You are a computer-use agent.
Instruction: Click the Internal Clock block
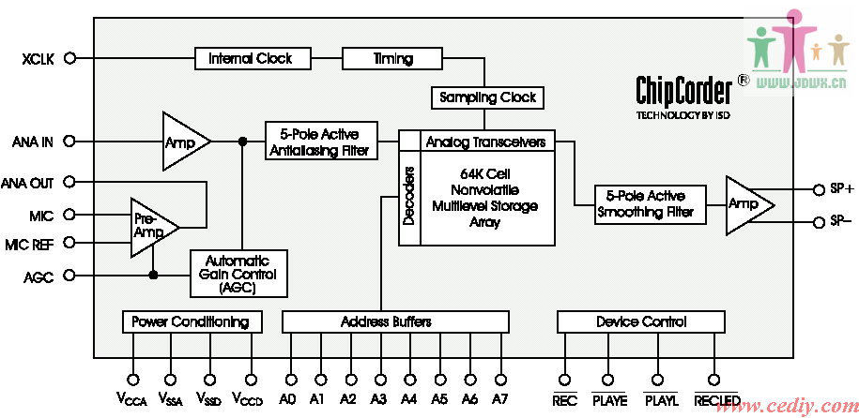[250, 59]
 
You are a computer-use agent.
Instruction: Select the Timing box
[392, 59]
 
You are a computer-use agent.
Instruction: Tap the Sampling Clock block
[487, 97]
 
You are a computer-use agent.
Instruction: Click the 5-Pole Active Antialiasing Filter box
[320, 141]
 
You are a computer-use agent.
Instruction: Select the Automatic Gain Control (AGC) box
[238, 275]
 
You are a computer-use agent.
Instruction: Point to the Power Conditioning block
[191, 322]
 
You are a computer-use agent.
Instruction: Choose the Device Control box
[641, 322]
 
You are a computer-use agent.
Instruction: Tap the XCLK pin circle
[69, 58]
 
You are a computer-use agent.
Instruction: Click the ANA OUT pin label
[27, 183]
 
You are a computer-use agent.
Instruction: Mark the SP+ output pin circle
[819, 188]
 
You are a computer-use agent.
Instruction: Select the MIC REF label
[29, 245]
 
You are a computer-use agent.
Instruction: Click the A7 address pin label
[499, 399]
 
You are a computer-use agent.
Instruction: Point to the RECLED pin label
[716, 400]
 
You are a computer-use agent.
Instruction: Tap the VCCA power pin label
[132, 400]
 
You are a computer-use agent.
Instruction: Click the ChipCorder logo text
[683, 91]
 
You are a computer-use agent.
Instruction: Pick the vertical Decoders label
[408, 197]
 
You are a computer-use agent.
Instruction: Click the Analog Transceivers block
[485, 142]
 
